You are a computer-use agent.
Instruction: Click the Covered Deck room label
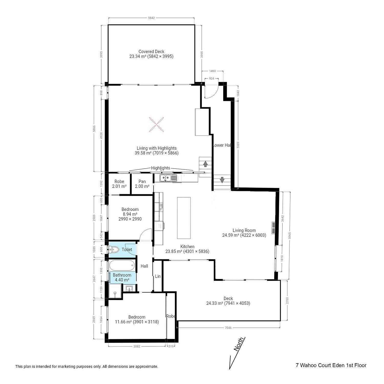(151, 51)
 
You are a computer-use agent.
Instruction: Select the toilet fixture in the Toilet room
(114, 249)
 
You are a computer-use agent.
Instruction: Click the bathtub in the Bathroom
(122, 266)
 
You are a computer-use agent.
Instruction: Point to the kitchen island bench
(184, 218)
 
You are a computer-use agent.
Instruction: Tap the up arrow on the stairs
(205, 164)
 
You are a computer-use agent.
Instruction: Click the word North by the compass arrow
(239, 344)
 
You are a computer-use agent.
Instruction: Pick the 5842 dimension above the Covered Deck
(151, 18)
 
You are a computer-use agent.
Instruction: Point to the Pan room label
(142, 182)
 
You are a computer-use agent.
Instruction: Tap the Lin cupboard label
(158, 276)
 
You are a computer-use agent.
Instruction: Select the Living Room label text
(244, 230)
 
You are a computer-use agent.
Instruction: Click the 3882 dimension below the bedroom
(137, 346)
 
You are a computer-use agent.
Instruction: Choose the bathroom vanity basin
(129, 289)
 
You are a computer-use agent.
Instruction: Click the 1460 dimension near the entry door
(212, 71)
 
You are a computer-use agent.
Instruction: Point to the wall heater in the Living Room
(273, 228)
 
